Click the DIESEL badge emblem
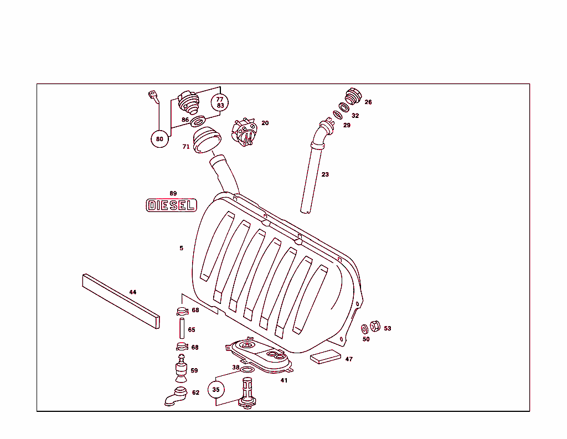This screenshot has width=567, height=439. (171, 205)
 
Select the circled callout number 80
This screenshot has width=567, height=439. (159, 139)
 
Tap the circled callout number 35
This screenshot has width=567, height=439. (216, 390)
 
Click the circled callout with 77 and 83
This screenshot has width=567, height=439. (220, 102)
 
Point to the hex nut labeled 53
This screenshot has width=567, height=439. (374, 327)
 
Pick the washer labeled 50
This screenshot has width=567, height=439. (365, 329)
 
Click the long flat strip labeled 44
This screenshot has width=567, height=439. (120, 301)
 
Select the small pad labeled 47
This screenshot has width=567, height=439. (326, 357)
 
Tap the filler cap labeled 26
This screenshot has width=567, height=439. (353, 96)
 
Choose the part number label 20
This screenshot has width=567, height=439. (265, 123)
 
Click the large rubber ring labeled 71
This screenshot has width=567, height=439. (207, 140)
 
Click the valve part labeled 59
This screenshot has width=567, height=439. (181, 369)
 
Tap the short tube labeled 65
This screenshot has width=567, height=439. (181, 329)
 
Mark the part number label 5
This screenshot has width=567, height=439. (181, 248)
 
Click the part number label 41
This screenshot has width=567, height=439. (283, 380)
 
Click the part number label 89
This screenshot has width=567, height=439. (173, 193)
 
